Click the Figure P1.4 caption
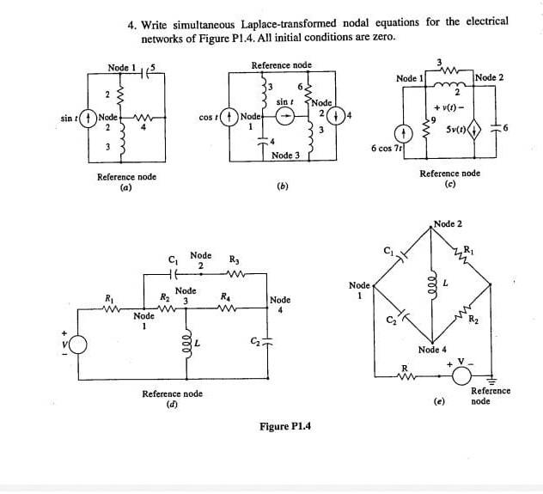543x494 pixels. coord(284,426)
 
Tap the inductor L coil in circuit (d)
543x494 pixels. coord(189,345)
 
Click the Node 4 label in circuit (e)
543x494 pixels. coord(432,350)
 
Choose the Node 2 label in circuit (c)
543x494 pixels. coord(490,77)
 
